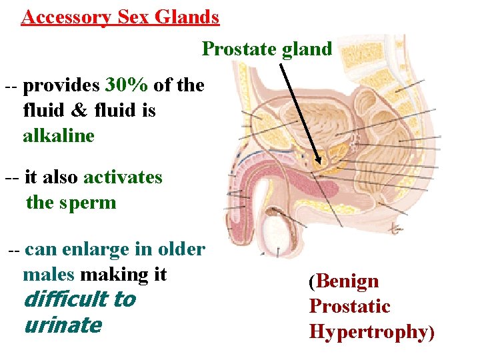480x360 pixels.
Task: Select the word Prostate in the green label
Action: click(236, 49)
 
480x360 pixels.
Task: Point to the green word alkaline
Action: click(59, 136)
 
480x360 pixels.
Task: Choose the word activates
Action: click(123, 177)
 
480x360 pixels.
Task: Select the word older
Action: click(181, 249)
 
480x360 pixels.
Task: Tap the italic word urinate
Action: click(62, 325)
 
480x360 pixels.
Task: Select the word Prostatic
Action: click(349, 307)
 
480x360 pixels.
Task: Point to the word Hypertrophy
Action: click(367, 332)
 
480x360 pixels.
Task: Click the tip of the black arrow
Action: click(319, 163)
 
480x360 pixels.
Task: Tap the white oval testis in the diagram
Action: click(275, 231)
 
